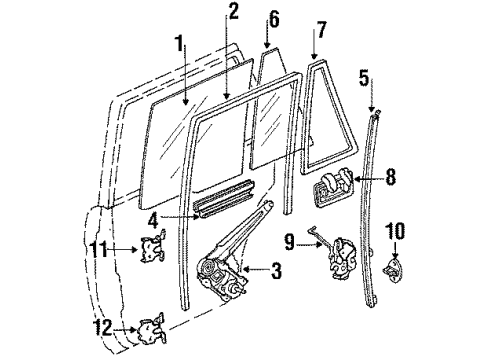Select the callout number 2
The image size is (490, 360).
[233, 12]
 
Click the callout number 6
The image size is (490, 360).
[272, 18]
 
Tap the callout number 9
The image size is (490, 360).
[287, 240]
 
